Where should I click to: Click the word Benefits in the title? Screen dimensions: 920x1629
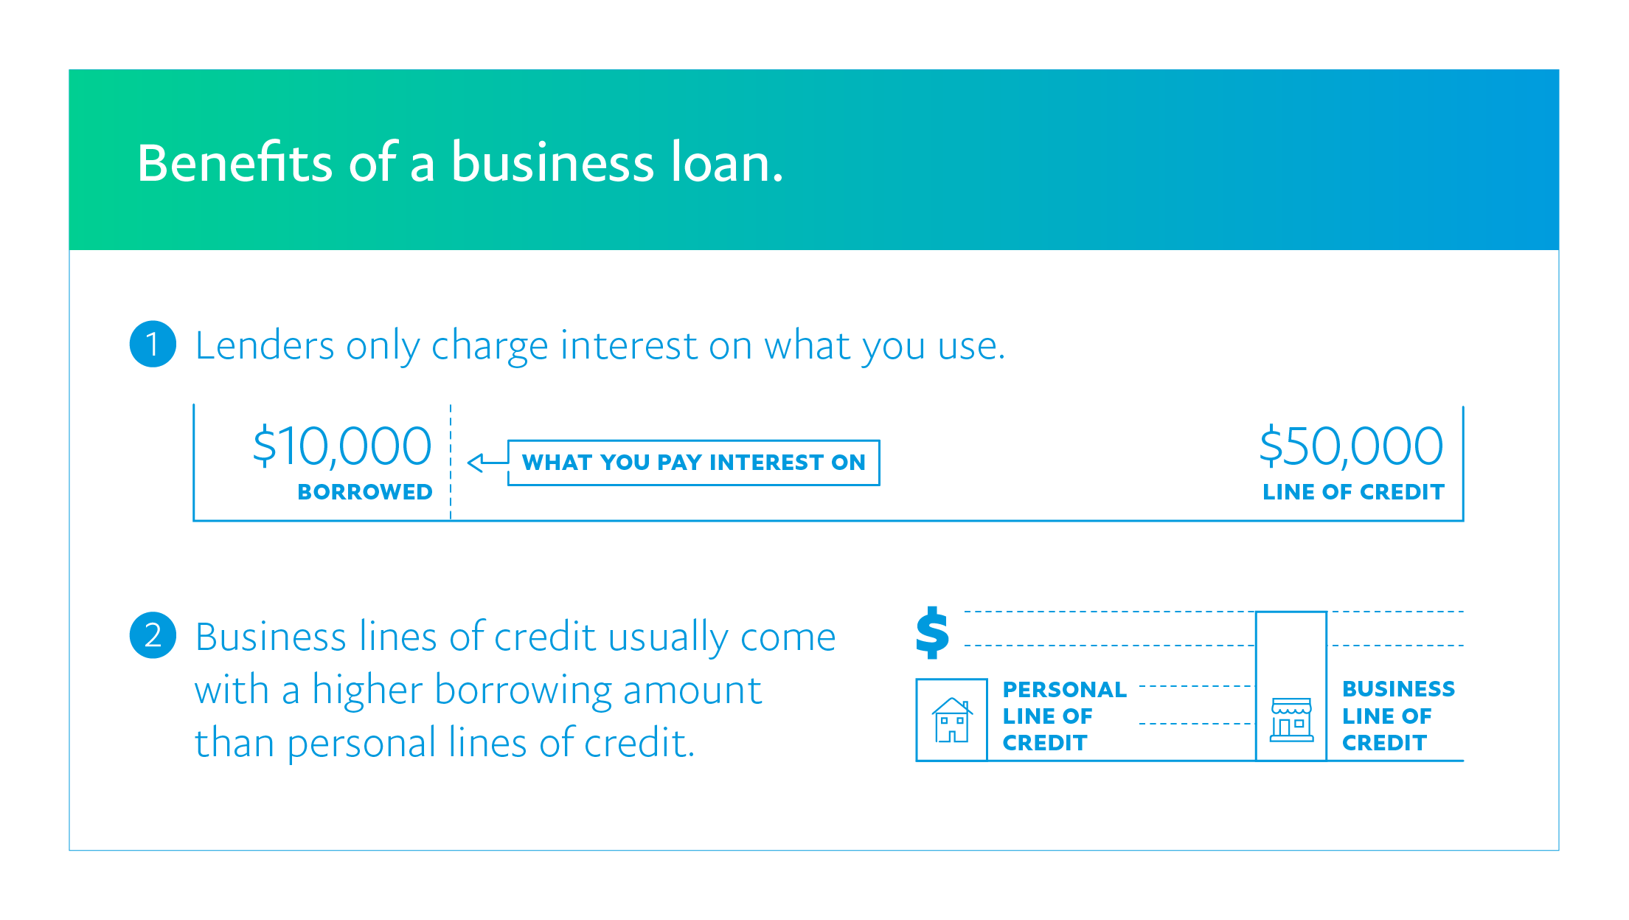point(235,163)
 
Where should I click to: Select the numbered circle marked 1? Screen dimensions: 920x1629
point(153,344)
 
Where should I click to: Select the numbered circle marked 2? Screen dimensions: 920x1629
point(153,635)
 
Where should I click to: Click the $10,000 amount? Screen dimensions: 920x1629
point(342,446)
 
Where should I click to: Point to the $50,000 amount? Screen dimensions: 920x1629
point(1351,446)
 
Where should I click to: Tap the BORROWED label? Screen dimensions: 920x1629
point(365,492)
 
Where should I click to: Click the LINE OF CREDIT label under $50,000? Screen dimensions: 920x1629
point(1353,492)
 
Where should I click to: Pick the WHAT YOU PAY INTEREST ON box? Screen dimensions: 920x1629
point(693,463)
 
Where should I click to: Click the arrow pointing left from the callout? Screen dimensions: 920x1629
point(485,463)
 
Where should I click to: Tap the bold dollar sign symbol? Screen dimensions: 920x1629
point(932,632)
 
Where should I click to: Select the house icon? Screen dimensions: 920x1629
point(952,720)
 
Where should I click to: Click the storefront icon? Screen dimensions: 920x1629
point(1291,719)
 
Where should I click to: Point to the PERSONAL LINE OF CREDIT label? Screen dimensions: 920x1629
point(1064,716)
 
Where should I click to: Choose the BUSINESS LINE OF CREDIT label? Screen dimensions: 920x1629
point(1398,716)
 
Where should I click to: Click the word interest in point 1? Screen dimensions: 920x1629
point(628,345)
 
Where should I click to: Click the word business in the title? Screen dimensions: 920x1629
point(552,163)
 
